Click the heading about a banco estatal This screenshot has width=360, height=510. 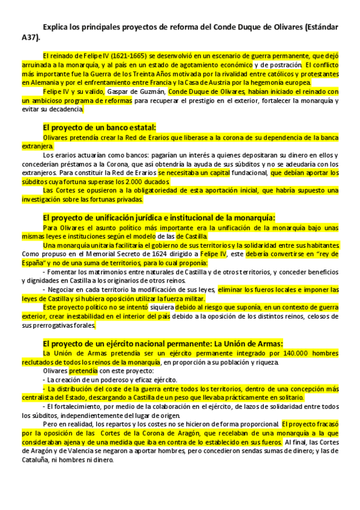[x=100, y=127]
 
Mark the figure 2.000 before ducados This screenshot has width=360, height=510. [x=136, y=182]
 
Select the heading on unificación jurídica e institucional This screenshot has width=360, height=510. [x=159, y=217]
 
